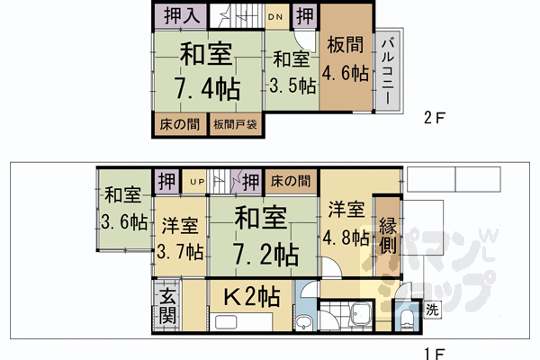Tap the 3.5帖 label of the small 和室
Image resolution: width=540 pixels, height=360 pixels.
point(292,86)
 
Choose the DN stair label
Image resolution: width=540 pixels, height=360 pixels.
point(278,15)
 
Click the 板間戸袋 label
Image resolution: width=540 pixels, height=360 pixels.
point(236,124)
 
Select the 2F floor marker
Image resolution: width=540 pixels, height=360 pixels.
point(435,117)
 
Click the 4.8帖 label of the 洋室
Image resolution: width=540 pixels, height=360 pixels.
point(346,238)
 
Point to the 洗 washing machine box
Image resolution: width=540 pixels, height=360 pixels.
point(432,311)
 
